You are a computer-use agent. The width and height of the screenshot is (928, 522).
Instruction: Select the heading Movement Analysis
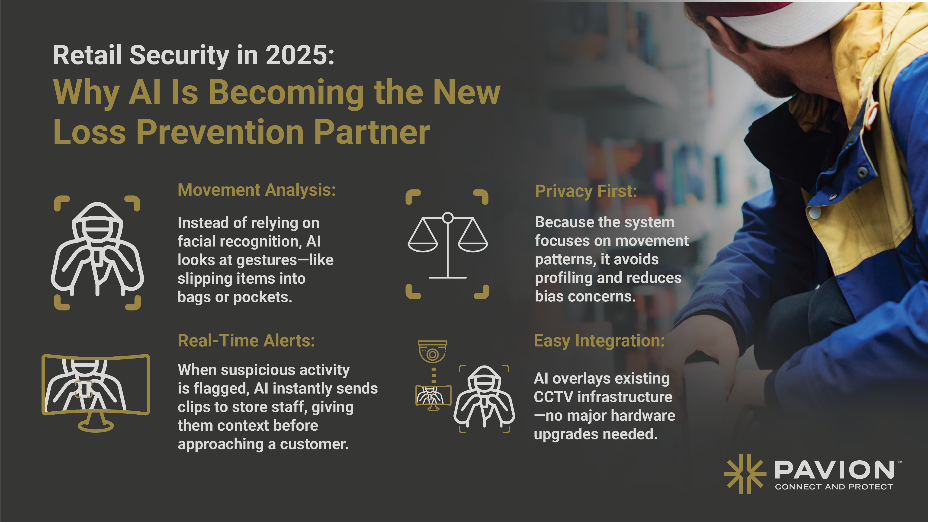click(257, 190)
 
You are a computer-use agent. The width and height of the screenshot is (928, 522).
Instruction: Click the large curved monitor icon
click(96, 393)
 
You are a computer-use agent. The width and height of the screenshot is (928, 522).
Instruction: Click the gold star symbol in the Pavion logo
click(745, 474)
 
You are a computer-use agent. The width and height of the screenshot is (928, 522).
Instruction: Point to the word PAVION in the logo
click(834, 470)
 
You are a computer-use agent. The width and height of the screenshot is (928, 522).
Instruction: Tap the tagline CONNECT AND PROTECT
click(834, 487)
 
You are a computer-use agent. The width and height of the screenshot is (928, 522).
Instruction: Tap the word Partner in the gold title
click(372, 132)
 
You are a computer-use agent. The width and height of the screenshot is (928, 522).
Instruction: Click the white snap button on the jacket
click(815, 213)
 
